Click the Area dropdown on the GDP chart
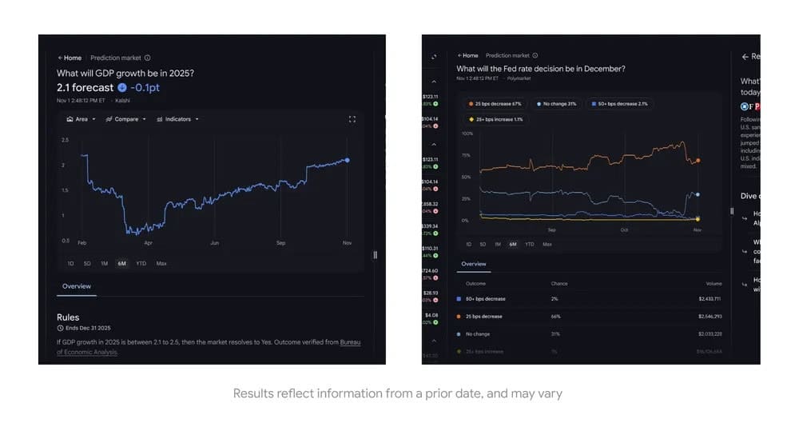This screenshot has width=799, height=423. [x=81, y=119]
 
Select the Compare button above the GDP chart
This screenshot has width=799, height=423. [x=126, y=119]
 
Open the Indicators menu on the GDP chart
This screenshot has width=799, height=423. [x=177, y=119]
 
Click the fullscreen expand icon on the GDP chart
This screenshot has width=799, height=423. [x=352, y=119]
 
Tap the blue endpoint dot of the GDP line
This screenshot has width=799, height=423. [x=347, y=160]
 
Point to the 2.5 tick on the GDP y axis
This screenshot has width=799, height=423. [x=65, y=140]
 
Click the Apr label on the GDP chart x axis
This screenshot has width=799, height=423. [x=148, y=242]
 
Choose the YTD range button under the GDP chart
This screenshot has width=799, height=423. [x=141, y=263]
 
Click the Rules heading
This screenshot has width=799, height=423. [x=68, y=317]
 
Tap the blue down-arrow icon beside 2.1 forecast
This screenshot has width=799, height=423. [x=121, y=87]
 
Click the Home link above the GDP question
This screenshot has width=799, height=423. [x=70, y=58]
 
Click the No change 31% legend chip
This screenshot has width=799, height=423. [x=557, y=104]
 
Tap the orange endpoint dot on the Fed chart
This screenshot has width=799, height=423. [x=698, y=161]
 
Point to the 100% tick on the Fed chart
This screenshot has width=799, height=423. [x=467, y=134]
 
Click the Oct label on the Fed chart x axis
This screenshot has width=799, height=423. [x=624, y=229]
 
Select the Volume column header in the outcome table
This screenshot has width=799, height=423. [x=714, y=284]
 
